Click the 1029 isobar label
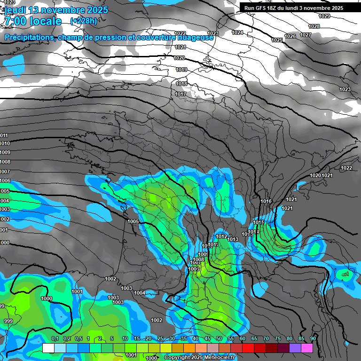324,16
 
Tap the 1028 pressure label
314,26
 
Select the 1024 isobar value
237,32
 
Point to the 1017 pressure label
180,94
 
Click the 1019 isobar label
181,70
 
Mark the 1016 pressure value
266,201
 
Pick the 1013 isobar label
233,239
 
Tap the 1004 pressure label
140,293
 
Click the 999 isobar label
8,321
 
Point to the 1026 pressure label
290,36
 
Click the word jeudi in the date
15,10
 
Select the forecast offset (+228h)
84,21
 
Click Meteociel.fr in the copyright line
219,358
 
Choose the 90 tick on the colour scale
313,338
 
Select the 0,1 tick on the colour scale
55,338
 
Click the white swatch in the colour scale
48,348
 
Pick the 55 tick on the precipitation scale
231,338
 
